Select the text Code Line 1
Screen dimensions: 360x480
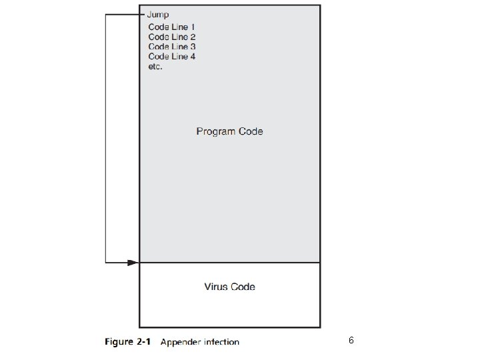171,27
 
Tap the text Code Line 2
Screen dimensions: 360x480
171,37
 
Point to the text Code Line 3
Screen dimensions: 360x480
171,47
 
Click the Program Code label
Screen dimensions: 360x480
229,131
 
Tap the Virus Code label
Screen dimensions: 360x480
229,287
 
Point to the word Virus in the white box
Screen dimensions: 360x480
216,287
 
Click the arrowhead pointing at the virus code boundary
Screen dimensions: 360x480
133,263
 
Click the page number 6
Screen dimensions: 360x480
351,341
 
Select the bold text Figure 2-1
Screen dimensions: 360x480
129,342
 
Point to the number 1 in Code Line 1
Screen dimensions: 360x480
192,27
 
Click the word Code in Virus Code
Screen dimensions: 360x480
243,287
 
